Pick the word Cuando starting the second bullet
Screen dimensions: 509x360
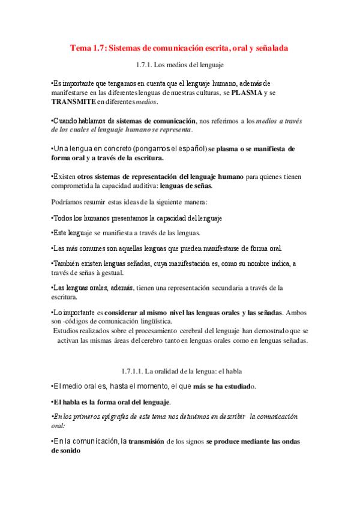[x=67, y=121]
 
